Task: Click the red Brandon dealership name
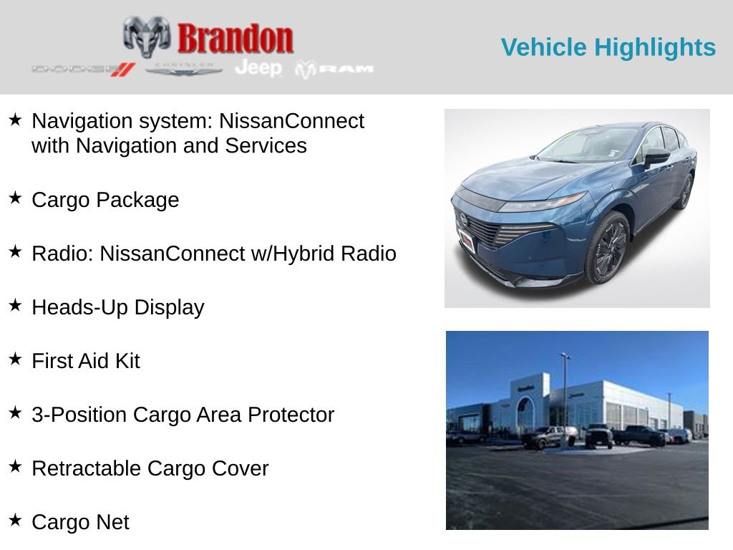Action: pos(235,39)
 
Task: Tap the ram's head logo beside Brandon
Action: pos(147,37)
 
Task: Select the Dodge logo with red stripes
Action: pos(84,69)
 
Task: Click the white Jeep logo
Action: pos(258,68)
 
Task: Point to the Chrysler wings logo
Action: pos(183,70)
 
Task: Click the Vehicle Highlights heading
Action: pos(608,47)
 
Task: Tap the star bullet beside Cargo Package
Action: pos(15,198)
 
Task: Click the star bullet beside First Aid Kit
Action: pos(15,359)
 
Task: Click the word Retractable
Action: pos(86,468)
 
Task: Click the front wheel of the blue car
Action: pos(607,248)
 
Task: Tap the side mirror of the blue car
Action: pos(656,157)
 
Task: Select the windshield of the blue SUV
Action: pos(588,143)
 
